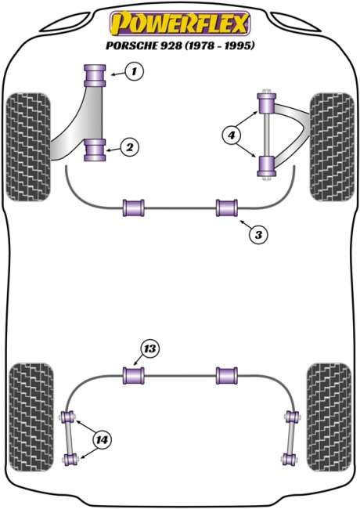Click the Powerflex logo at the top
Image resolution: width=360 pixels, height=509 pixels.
[180, 23]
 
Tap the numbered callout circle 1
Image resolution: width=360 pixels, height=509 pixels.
[134, 71]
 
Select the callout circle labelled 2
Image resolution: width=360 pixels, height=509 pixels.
[129, 147]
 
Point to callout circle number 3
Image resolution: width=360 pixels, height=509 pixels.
[257, 234]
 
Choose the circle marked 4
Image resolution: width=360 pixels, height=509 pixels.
[231, 135]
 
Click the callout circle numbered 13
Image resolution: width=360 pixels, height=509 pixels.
[149, 349]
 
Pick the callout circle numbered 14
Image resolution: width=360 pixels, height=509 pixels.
[102, 440]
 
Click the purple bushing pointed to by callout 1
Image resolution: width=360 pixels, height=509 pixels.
[95, 75]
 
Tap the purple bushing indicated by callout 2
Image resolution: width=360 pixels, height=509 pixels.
[95, 150]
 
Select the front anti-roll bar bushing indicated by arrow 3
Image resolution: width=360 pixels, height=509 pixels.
[227, 208]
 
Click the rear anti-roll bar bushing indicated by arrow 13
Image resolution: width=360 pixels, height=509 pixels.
[134, 376]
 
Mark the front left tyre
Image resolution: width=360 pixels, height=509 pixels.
[29, 147]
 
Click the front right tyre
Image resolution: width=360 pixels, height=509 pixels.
[332, 147]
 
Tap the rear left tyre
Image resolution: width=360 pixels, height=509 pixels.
[31, 417]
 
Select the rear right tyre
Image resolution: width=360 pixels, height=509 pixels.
[329, 417]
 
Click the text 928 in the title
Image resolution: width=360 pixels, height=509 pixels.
[171, 45]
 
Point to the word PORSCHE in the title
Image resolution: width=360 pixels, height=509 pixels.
[131, 45]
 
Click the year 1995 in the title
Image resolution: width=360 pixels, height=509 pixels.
[237, 45]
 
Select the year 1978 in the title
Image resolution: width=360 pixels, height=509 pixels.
[201, 45]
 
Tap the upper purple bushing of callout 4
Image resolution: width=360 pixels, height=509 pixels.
[267, 103]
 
